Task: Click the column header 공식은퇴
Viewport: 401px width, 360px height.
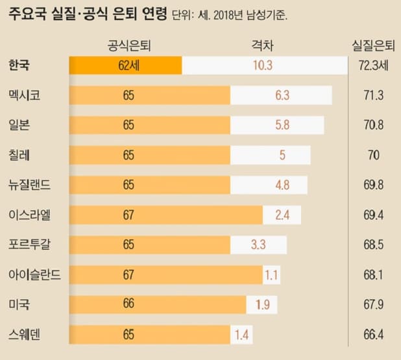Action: [x=129, y=45]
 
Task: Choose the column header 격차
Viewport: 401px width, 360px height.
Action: [x=262, y=45]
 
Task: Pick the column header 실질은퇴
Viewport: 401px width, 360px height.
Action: [x=372, y=45]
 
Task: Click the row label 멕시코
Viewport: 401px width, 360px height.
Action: [x=25, y=95]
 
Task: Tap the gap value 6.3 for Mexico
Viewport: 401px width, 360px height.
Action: [x=282, y=95]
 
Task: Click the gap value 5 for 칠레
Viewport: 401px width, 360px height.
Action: [x=273, y=155]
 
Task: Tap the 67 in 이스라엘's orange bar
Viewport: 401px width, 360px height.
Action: [x=128, y=215]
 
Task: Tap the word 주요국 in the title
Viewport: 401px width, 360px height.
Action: [x=26, y=16]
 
